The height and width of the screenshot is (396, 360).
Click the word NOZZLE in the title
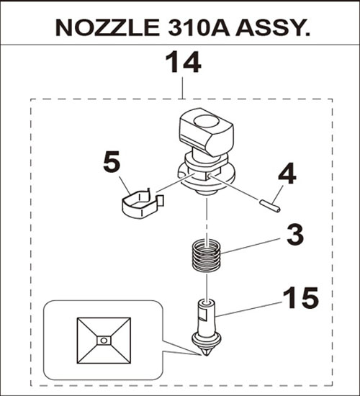pos(107,27)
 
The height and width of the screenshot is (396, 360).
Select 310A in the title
pos(199,27)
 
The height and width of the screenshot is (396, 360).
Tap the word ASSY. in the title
pos(273,27)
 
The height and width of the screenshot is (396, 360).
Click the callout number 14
pos(184,62)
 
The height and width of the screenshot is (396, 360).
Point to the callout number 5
pos(112,161)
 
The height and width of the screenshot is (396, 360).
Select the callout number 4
pos(287,174)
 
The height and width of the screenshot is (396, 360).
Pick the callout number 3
pos(295,235)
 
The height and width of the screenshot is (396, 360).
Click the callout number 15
pos(301,298)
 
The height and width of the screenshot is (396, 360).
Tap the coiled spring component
pos(206,255)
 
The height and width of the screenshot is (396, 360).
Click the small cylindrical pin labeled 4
pos(270,206)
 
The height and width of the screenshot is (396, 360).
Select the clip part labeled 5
pos(142,204)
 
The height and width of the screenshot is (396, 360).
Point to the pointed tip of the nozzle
pos(207,355)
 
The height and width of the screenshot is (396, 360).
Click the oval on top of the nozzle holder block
pos(205,122)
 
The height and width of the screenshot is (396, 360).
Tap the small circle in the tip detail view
pos(104,341)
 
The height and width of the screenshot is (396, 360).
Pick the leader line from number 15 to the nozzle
pos(249,309)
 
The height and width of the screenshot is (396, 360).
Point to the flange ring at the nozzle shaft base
pos(207,339)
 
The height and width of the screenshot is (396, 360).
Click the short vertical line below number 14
pos(182,88)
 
